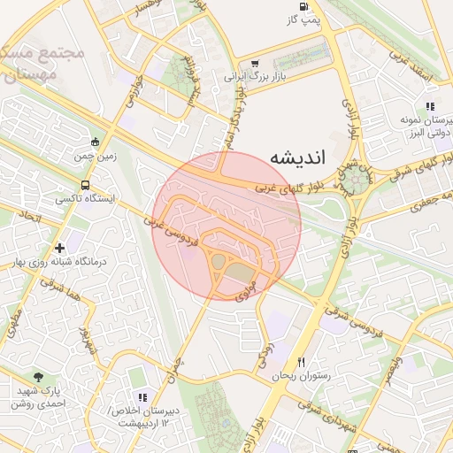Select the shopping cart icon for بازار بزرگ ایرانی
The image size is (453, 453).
255,64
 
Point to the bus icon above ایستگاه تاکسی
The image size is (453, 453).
85,186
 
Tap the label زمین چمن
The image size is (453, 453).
96,155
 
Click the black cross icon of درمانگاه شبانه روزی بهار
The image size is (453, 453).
59,248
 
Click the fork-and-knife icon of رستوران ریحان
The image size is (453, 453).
302,362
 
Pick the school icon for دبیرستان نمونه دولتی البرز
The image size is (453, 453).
429,106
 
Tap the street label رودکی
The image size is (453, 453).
264,356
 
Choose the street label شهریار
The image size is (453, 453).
86,338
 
